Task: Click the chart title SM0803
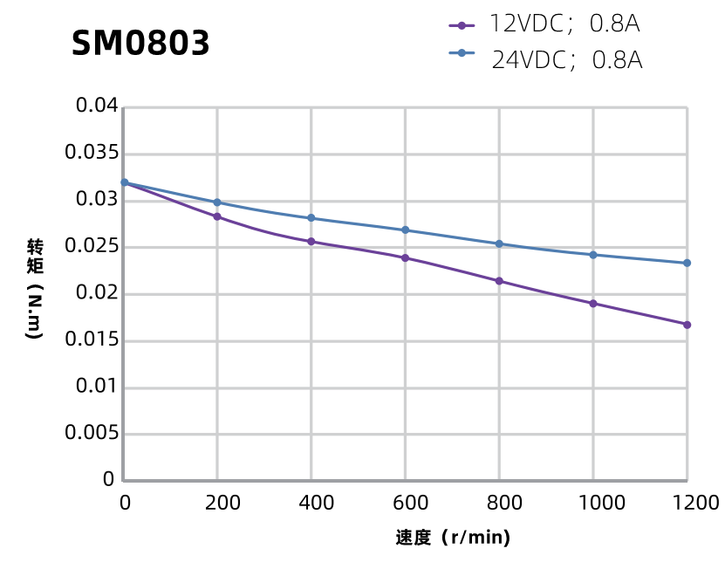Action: (x=140, y=44)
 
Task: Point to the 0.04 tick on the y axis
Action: (x=96, y=106)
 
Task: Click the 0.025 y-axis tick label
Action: (x=91, y=247)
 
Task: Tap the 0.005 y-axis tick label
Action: (x=91, y=434)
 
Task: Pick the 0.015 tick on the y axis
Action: (x=91, y=340)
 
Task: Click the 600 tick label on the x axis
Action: (x=405, y=503)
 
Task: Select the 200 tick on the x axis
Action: (x=216, y=503)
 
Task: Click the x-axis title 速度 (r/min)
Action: (x=452, y=538)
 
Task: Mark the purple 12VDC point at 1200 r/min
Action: (x=687, y=325)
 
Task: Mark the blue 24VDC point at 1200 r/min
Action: (x=687, y=263)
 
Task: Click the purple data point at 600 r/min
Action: (x=405, y=258)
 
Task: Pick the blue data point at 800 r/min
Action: (x=499, y=243)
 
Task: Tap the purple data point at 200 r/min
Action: (x=216, y=216)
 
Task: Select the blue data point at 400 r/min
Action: (x=311, y=218)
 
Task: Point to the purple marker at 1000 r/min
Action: (x=593, y=304)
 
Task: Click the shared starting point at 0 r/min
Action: (x=124, y=182)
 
